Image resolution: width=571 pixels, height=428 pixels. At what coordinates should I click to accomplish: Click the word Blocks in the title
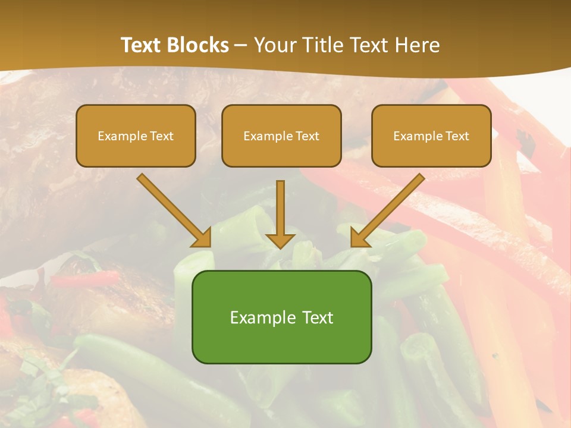[x=198, y=45]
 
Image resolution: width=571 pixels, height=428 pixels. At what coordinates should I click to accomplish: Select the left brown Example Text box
[x=136, y=136]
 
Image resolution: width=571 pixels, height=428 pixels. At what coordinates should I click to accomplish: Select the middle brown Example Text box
[x=281, y=136]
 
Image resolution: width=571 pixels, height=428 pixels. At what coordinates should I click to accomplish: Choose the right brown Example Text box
[x=431, y=136]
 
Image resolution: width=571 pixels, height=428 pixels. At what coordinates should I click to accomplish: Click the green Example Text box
[x=281, y=317]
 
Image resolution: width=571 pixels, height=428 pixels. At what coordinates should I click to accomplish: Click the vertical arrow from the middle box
[x=280, y=208]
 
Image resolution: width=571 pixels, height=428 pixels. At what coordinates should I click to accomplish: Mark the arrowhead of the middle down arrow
[x=280, y=240]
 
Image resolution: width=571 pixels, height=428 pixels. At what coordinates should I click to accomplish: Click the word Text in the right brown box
[x=457, y=136]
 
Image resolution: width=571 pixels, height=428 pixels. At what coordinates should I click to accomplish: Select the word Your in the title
[x=274, y=45]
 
